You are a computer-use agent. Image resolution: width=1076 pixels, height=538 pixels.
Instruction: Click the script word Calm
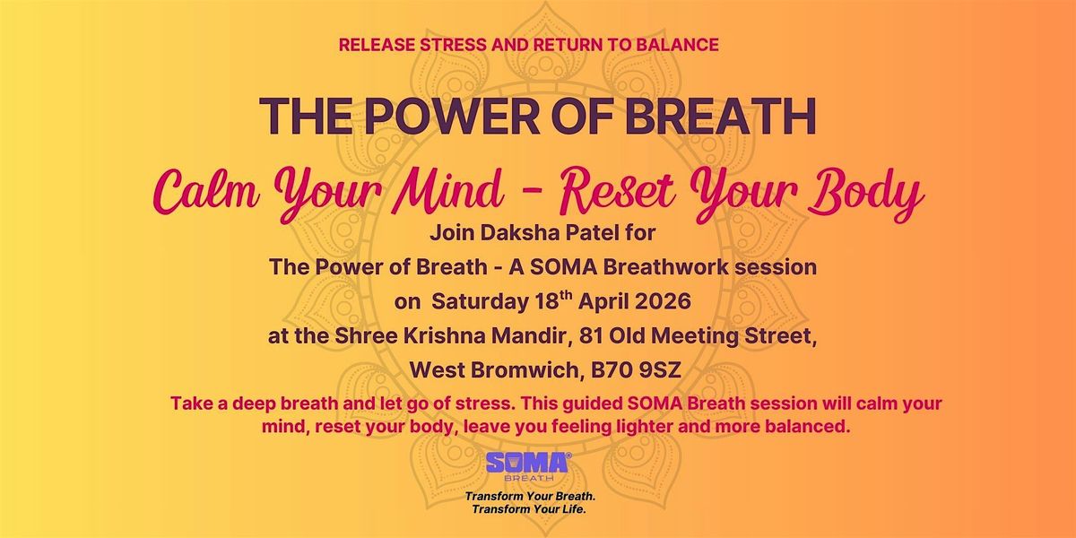click(206, 192)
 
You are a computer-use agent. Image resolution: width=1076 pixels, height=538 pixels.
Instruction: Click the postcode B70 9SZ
click(636, 370)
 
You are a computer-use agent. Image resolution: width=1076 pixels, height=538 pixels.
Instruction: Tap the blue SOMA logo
click(528, 466)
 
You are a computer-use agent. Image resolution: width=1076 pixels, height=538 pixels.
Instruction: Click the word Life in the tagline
click(576, 509)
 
